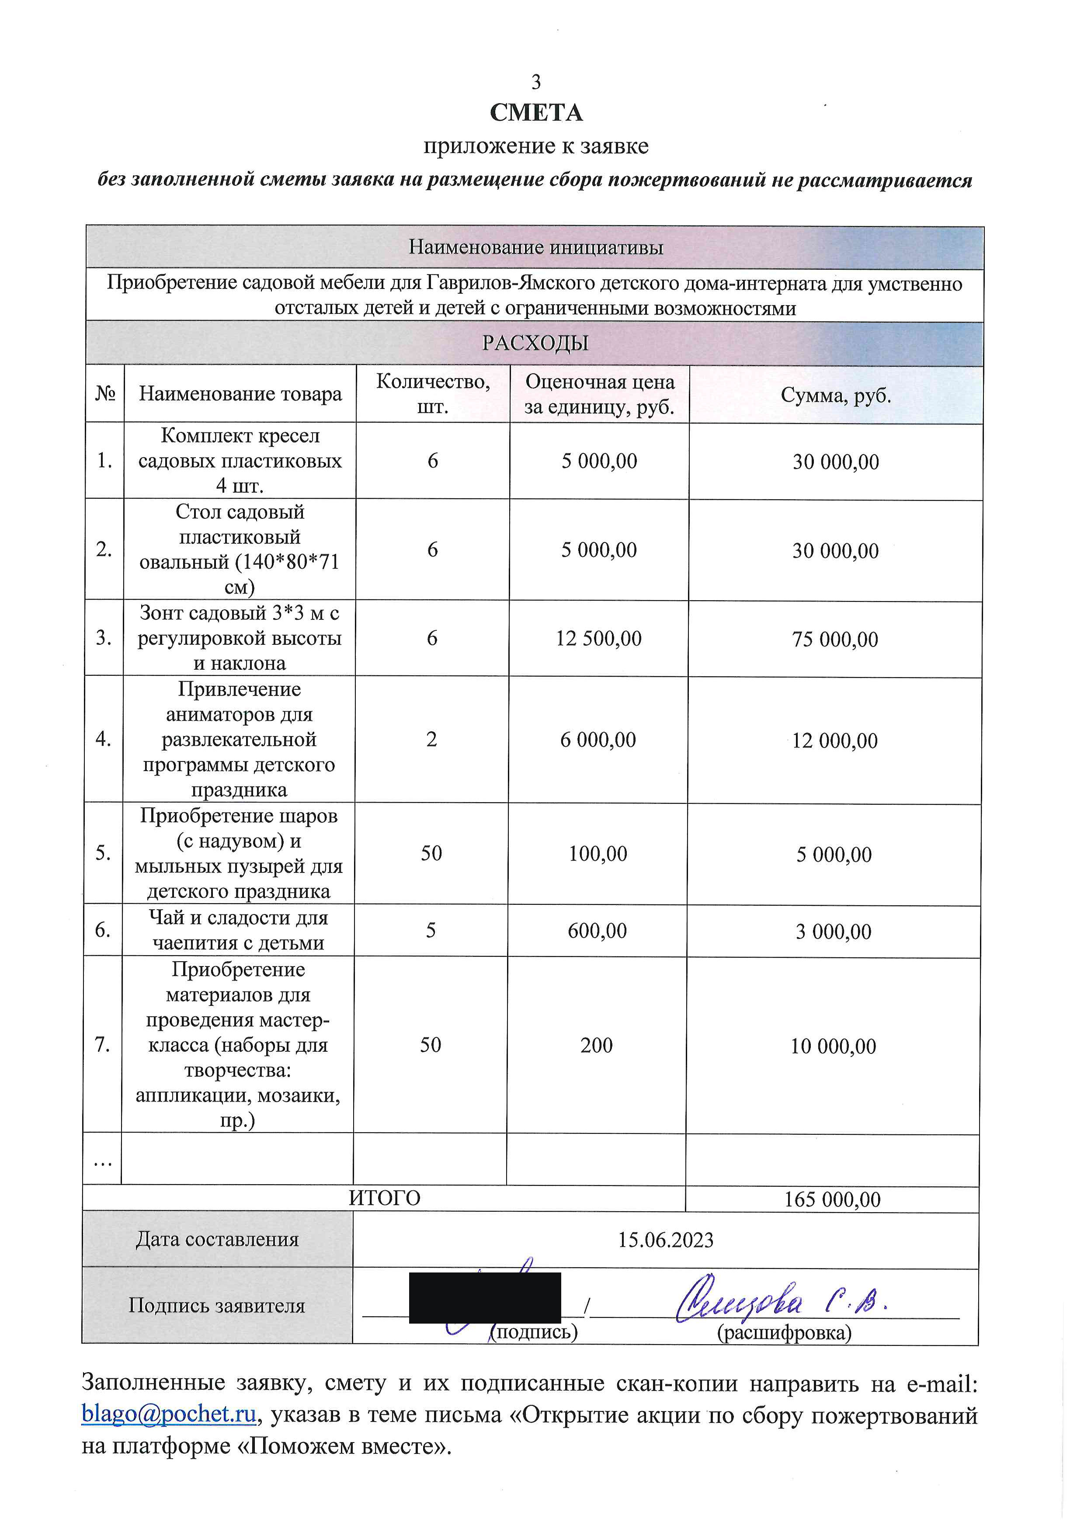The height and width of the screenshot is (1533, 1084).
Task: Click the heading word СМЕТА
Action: pos(535,113)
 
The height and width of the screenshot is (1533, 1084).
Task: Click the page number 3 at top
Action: pos(535,82)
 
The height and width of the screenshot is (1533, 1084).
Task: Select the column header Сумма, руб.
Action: pos(836,395)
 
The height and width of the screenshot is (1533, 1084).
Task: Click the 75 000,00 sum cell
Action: pos(835,640)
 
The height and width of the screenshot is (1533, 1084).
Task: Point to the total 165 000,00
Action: pos(832,1199)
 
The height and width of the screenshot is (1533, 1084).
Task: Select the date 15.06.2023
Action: pos(666,1240)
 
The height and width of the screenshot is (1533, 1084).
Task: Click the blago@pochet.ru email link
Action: pos(169,1414)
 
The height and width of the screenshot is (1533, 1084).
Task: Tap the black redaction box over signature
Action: pos(485,1297)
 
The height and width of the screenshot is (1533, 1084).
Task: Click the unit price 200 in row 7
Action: pos(596,1046)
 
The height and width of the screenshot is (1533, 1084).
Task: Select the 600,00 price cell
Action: pos(598,931)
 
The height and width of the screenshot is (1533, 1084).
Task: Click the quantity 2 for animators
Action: pos(432,740)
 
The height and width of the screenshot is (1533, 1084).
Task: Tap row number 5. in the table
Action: pos(103,853)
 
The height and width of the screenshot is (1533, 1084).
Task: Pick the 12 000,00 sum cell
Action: pos(834,740)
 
